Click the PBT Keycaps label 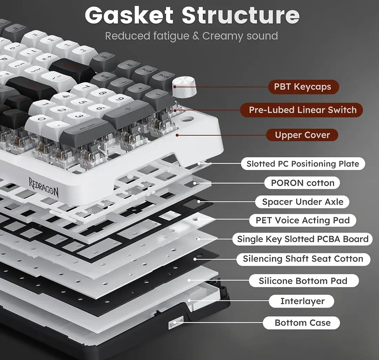[303, 87]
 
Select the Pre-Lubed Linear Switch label [303, 110]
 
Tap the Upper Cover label [302, 135]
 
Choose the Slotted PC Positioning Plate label [303, 164]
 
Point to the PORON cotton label [302, 183]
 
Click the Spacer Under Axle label [303, 202]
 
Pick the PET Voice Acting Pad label [303, 220]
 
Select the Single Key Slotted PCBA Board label [303, 239]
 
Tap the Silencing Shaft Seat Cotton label [303, 259]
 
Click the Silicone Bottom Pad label [303, 281]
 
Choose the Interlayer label [302, 301]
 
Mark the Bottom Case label [302, 323]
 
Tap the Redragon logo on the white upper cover [44, 186]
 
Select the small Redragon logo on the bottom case [176, 323]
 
